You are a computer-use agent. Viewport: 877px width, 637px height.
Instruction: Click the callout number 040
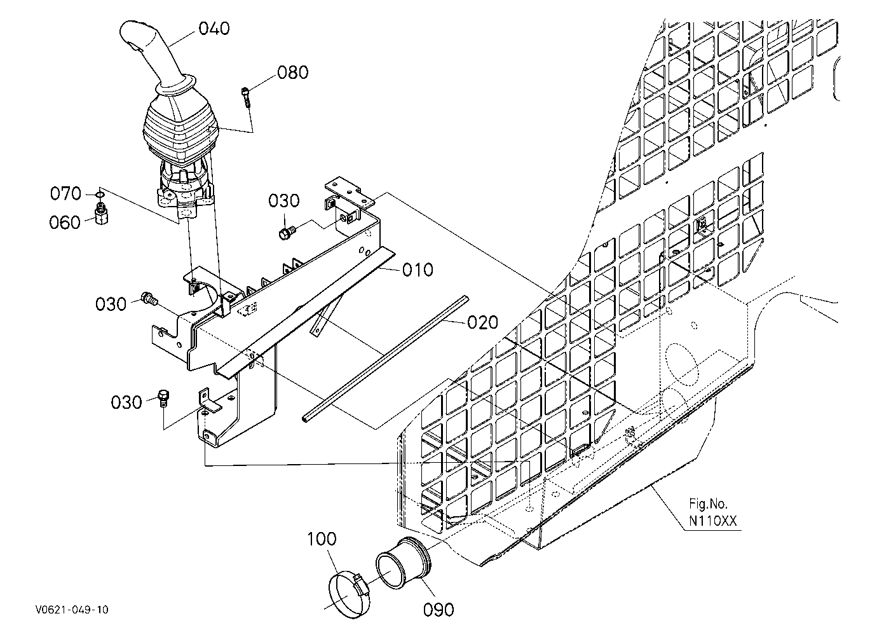214,29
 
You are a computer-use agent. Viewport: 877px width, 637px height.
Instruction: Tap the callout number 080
293,72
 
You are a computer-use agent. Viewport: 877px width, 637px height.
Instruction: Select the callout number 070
65,193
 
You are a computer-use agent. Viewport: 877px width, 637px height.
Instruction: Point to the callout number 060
65,223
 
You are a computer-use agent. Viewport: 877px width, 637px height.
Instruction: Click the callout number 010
418,270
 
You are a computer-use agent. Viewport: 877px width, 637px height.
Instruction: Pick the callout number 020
482,322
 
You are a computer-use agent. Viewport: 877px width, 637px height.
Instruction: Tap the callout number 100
322,539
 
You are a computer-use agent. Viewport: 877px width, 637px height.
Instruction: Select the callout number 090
438,610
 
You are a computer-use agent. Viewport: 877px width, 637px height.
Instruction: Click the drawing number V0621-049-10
72,610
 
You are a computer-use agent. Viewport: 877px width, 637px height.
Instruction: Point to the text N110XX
713,521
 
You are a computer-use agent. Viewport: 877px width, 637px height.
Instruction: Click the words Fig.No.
708,503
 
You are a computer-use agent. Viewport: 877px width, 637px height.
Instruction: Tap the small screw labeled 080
246,97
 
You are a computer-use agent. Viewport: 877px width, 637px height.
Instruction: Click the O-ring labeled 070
100,194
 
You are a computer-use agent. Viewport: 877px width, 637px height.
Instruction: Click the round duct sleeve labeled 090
404,563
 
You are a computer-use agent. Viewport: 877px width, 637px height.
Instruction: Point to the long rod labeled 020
386,358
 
